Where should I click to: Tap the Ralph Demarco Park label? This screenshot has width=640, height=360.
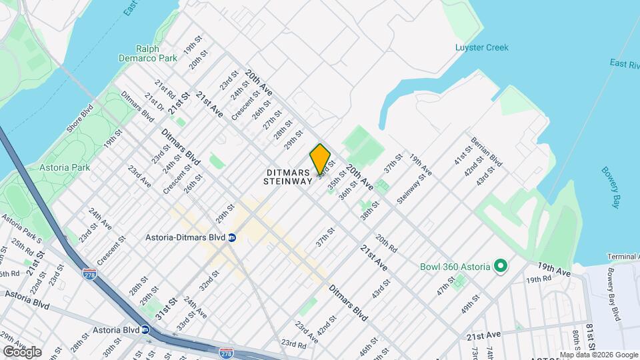(157, 53)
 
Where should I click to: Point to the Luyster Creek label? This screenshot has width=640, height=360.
(481, 47)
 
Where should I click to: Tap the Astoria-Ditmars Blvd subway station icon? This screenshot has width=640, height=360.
(232, 237)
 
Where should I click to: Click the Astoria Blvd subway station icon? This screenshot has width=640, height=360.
(145, 329)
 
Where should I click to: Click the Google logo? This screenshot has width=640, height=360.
(21, 351)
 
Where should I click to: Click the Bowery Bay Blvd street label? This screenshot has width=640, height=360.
(614, 294)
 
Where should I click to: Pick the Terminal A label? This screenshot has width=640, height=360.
(623, 257)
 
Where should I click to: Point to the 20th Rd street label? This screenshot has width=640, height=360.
(386, 243)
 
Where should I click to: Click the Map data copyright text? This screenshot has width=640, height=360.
(599, 355)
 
